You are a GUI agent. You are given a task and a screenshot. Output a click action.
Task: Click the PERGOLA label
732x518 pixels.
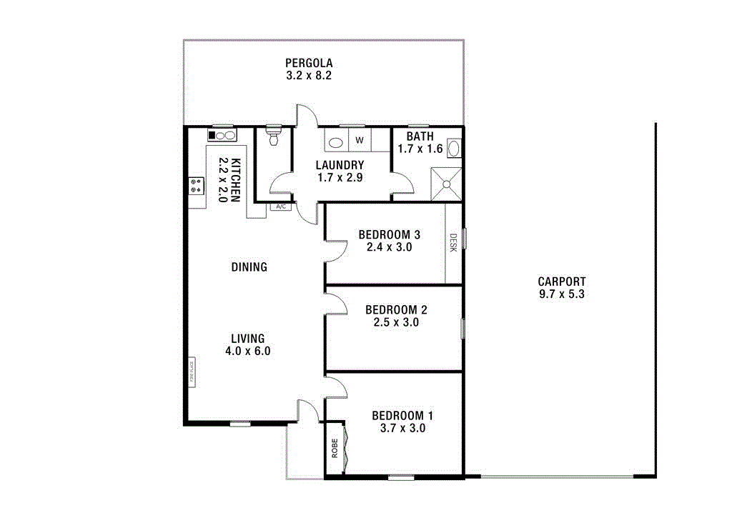click(309, 62)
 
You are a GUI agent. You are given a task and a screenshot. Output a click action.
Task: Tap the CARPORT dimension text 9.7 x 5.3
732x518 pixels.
click(561, 294)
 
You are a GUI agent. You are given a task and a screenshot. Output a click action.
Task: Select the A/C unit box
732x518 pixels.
click(281, 207)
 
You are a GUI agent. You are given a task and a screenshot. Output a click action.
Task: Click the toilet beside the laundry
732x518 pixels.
click(273, 136)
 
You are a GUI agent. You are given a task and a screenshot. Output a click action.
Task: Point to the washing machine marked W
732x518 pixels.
click(360, 140)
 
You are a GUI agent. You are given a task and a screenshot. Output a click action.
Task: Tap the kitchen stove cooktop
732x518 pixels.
click(195, 186)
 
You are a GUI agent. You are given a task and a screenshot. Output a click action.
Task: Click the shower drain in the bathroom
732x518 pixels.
click(446, 184)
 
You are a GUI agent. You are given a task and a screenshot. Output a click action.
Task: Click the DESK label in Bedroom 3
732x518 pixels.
click(453, 244)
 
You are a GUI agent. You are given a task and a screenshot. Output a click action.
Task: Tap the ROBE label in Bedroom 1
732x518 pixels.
click(334, 448)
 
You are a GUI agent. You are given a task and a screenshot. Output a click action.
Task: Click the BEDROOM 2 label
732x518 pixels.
click(396, 309)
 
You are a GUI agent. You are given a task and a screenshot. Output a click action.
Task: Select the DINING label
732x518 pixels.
click(249, 267)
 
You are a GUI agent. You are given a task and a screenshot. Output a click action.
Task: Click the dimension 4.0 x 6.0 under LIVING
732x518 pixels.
click(248, 351)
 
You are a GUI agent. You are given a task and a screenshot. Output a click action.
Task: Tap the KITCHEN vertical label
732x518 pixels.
click(234, 180)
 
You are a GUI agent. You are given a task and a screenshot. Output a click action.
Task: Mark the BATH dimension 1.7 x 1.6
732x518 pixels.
click(420, 149)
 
